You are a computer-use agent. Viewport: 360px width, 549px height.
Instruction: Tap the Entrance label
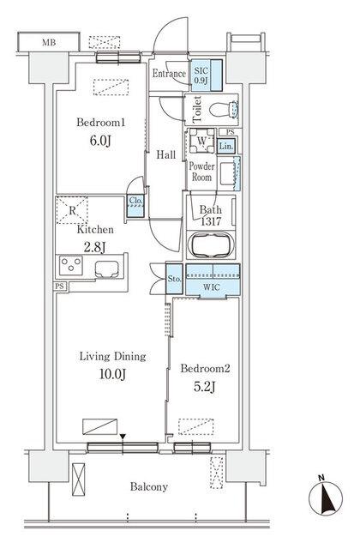(x=169, y=75)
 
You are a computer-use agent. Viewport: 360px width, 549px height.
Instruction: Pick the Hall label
(x=165, y=155)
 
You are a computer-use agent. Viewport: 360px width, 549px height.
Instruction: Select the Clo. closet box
(x=135, y=202)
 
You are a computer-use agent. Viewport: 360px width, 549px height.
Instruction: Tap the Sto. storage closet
(x=171, y=277)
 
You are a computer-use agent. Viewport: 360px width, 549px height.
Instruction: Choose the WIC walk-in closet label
(x=209, y=288)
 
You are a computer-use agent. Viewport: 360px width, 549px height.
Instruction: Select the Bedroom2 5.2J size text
(x=204, y=384)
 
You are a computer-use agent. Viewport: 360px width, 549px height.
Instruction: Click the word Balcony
(x=149, y=486)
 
